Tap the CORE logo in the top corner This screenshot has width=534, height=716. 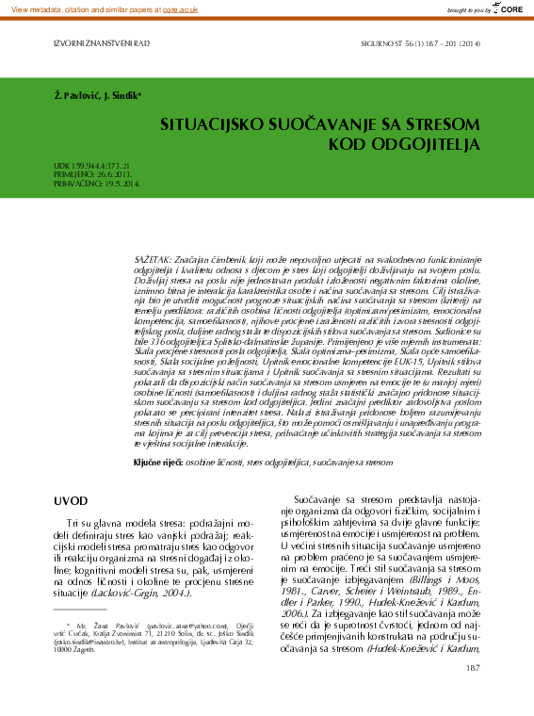(508, 8)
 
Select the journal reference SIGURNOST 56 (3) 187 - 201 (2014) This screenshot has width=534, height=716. (420, 43)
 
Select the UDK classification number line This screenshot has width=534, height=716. (90, 165)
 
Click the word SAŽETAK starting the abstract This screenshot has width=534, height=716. (154, 258)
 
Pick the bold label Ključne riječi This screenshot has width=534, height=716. (154, 464)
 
